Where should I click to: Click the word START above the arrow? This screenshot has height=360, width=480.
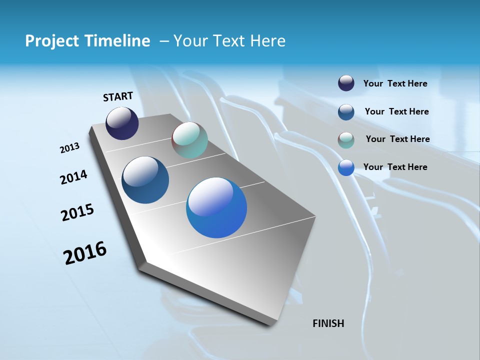(118, 96)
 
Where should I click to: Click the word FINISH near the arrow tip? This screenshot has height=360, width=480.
(328, 323)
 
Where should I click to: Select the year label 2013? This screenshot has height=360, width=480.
(69, 148)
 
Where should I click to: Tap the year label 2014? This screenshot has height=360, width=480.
(73, 177)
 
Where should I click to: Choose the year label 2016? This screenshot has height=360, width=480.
(85, 253)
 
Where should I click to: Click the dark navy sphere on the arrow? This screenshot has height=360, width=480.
(122, 123)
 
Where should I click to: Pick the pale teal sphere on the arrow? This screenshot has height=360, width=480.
(189, 140)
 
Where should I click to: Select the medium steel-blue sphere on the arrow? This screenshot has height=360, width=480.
(145, 180)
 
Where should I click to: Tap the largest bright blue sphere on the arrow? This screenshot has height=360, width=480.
(216, 207)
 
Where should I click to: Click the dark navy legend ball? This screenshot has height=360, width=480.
(346, 83)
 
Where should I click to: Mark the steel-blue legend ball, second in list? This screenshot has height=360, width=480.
(346, 112)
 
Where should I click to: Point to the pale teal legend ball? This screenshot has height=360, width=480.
(346, 140)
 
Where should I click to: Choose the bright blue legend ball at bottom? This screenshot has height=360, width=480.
(346, 167)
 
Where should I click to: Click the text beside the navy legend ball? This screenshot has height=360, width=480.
(395, 84)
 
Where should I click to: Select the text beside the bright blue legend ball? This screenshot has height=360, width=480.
(395, 167)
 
